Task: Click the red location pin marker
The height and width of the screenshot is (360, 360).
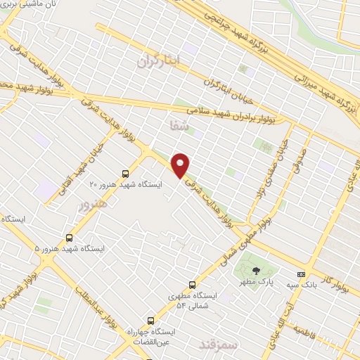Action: (181, 165)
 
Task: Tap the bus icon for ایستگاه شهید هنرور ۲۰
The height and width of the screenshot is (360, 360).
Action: (125, 173)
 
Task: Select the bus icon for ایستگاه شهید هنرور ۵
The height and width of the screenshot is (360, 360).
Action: (69, 238)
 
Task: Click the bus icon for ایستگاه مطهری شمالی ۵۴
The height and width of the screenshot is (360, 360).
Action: (192, 285)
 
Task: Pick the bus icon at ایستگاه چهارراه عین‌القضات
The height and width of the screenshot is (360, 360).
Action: (150, 321)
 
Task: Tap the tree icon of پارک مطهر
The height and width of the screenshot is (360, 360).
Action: (255, 270)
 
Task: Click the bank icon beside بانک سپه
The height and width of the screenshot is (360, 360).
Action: (301, 274)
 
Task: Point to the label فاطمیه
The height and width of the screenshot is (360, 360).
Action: (307, 330)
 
